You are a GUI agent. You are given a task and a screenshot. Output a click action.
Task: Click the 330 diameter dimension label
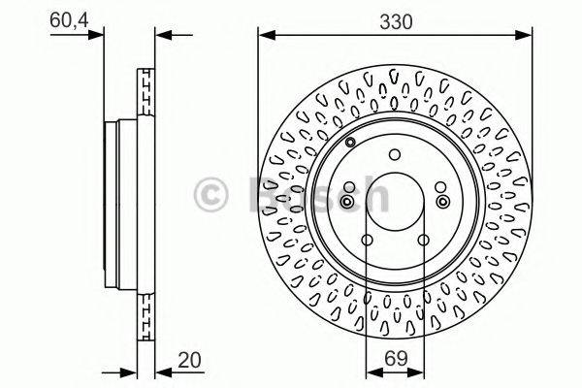click(393, 19)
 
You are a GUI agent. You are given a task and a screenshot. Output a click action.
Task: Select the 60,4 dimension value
click(66, 18)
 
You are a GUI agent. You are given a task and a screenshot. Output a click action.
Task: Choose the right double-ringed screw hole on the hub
click(442, 201)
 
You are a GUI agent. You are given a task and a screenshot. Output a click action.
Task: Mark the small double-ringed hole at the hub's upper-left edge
click(348, 145)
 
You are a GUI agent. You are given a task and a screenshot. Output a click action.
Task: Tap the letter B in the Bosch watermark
click(260, 198)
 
